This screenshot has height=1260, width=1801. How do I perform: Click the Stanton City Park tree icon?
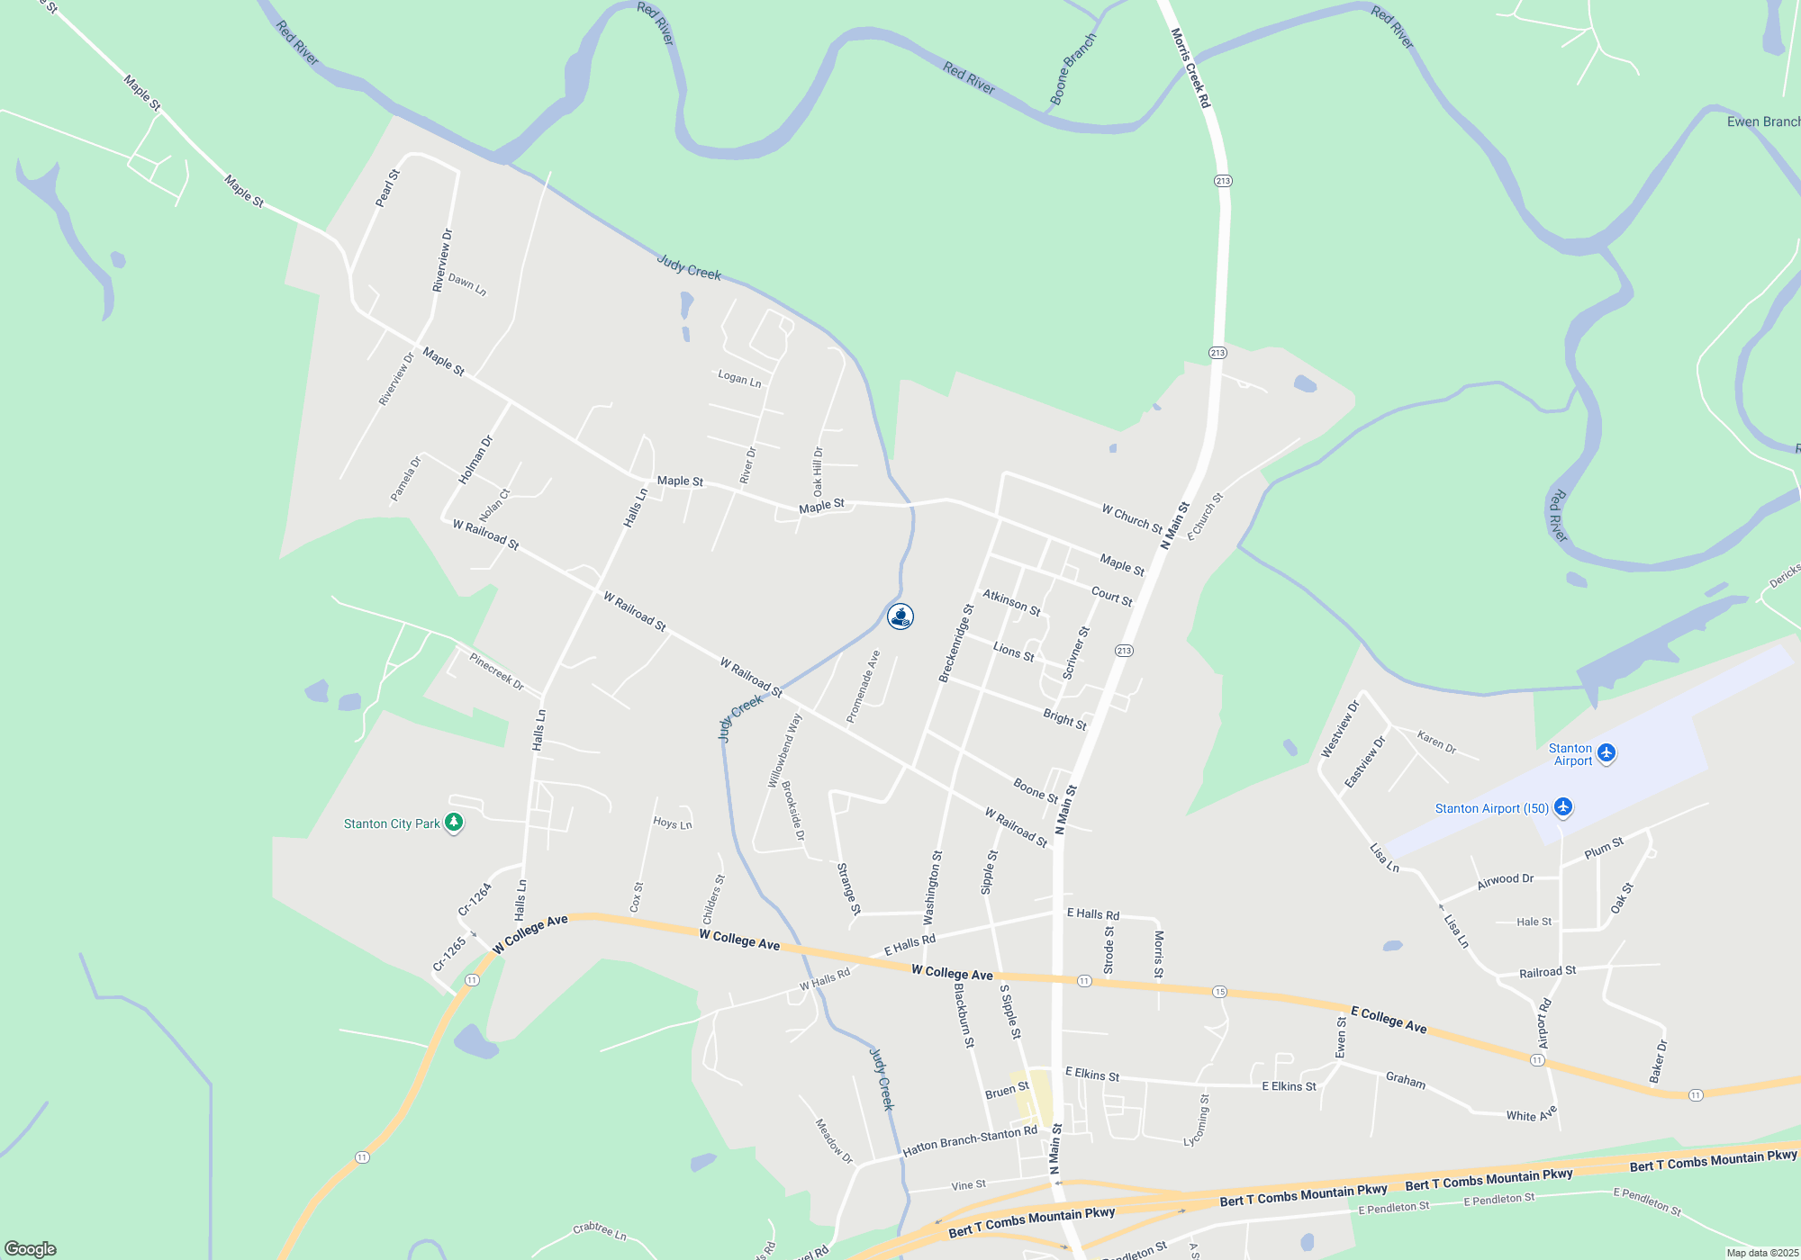[455, 823]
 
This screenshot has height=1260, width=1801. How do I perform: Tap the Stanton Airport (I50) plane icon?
[1563, 807]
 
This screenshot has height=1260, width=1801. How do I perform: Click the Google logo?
[31, 1249]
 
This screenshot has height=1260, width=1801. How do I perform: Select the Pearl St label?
[387, 188]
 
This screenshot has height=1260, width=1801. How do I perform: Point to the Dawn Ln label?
[467, 285]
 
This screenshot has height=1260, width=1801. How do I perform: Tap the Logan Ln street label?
[739, 379]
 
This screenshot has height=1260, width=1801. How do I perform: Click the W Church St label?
[1132, 518]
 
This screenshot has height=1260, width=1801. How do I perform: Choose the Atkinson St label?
[1011, 603]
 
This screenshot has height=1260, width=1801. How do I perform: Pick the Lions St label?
[1013, 651]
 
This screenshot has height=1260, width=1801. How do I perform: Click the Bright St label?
[1064, 719]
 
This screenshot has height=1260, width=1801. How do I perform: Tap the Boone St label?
[1036, 790]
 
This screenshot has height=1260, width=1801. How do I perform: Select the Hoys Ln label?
[672, 823]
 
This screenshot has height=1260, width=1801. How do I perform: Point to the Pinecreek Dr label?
[496, 671]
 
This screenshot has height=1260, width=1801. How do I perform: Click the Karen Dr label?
[1436, 742]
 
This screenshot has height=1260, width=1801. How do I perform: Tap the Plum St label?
[1604, 848]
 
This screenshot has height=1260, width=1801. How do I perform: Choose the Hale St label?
[1534, 922]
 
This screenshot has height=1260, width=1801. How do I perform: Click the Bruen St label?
[1007, 1091]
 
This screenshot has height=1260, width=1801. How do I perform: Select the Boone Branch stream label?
[1072, 69]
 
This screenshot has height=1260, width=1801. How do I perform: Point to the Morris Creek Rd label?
[1190, 68]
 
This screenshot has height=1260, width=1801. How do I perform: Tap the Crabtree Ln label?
[599, 1230]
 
